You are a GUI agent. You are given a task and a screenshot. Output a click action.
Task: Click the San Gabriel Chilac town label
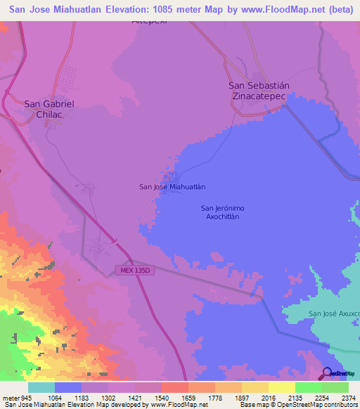click(49, 108)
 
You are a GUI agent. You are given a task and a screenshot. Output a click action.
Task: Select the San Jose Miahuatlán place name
click(172, 187)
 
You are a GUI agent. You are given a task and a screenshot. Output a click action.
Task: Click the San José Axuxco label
click(335, 313)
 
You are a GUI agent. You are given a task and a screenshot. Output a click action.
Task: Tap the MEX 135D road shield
click(134, 270)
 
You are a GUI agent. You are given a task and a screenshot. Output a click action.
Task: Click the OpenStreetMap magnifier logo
click(328, 373)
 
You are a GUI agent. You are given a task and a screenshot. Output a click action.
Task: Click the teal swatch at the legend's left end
click(41, 387)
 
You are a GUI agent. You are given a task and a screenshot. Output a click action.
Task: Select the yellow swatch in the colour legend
click(282, 387)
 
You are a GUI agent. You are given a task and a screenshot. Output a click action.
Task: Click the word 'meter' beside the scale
click(9, 396)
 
